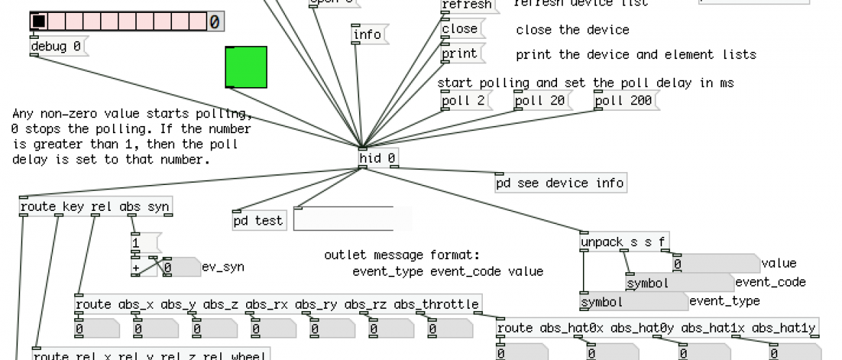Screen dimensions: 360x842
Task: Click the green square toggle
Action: pyautogui.click(x=246, y=67)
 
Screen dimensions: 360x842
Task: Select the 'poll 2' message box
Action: pyautogui.click(x=463, y=101)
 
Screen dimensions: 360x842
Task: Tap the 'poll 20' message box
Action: pyautogui.click(x=539, y=101)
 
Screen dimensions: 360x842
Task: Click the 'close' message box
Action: pyautogui.click(x=461, y=30)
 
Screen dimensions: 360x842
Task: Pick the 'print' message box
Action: pyautogui.click(x=461, y=54)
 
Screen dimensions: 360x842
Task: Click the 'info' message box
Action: pyautogui.click(x=368, y=35)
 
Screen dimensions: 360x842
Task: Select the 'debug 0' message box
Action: pyautogui.click(x=58, y=47)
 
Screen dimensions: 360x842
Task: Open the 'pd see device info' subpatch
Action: pyautogui.click(x=560, y=184)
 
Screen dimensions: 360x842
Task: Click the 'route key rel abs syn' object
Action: pyautogui.click(x=96, y=207)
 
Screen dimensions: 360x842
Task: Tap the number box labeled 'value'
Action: pyautogui.click(x=715, y=264)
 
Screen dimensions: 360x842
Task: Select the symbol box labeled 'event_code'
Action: pyautogui.click(x=678, y=283)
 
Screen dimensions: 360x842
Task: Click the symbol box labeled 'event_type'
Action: pyautogui.click(x=633, y=302)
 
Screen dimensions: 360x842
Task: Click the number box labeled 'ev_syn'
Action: pyautogui.click(x=181, y=268)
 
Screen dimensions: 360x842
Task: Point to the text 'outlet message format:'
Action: pyautogui.click(x=402, y=256)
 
